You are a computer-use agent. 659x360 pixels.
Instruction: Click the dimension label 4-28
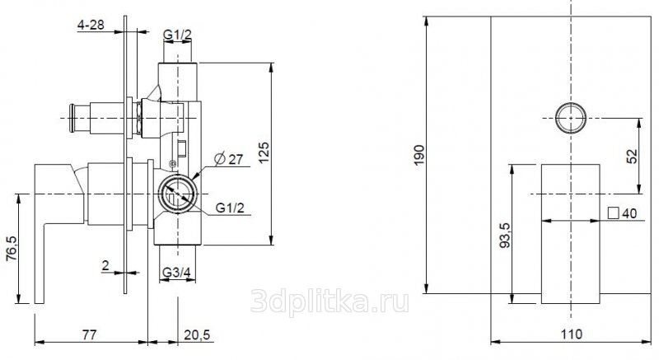coord(91,25)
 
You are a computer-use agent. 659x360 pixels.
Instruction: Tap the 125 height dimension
coord(264,152)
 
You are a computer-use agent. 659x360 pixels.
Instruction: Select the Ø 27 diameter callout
coord(229,159)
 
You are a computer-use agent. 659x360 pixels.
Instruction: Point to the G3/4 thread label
coord(176,273)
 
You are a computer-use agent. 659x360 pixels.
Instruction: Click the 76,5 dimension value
coord(12,248)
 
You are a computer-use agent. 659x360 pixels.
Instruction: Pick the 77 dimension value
coord(89,334)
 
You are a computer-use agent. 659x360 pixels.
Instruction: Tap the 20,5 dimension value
coord(197,334)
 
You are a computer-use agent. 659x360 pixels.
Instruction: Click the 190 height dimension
coord(419,155)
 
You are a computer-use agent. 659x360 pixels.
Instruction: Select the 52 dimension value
coord(632,157)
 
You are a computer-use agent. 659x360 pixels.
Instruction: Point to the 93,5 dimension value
coord(505,235)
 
